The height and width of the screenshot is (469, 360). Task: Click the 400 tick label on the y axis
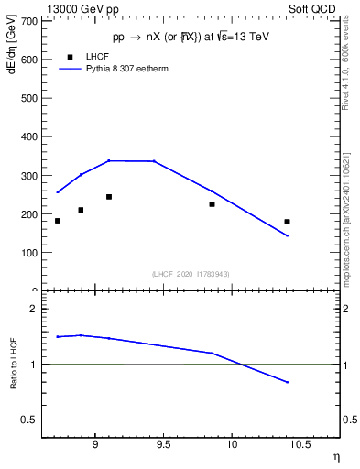pyautogui.click(x=28, y=136)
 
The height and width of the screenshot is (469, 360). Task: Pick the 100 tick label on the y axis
pyautogui.click(x=28, y=253)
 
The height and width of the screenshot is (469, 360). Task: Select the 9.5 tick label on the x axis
pyautogui.click(x=163, y=446)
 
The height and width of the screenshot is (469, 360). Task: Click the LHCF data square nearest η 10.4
pyautogui.click(x=287, y=222)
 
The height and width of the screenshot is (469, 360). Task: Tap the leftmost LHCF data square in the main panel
pyautogui.click(x=58, y=221)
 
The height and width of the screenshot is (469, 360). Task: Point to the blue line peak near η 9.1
pyautogui.click(x=109, y=160)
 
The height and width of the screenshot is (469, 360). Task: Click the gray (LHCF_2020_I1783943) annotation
pyautogui.click(x=191, y=274)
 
